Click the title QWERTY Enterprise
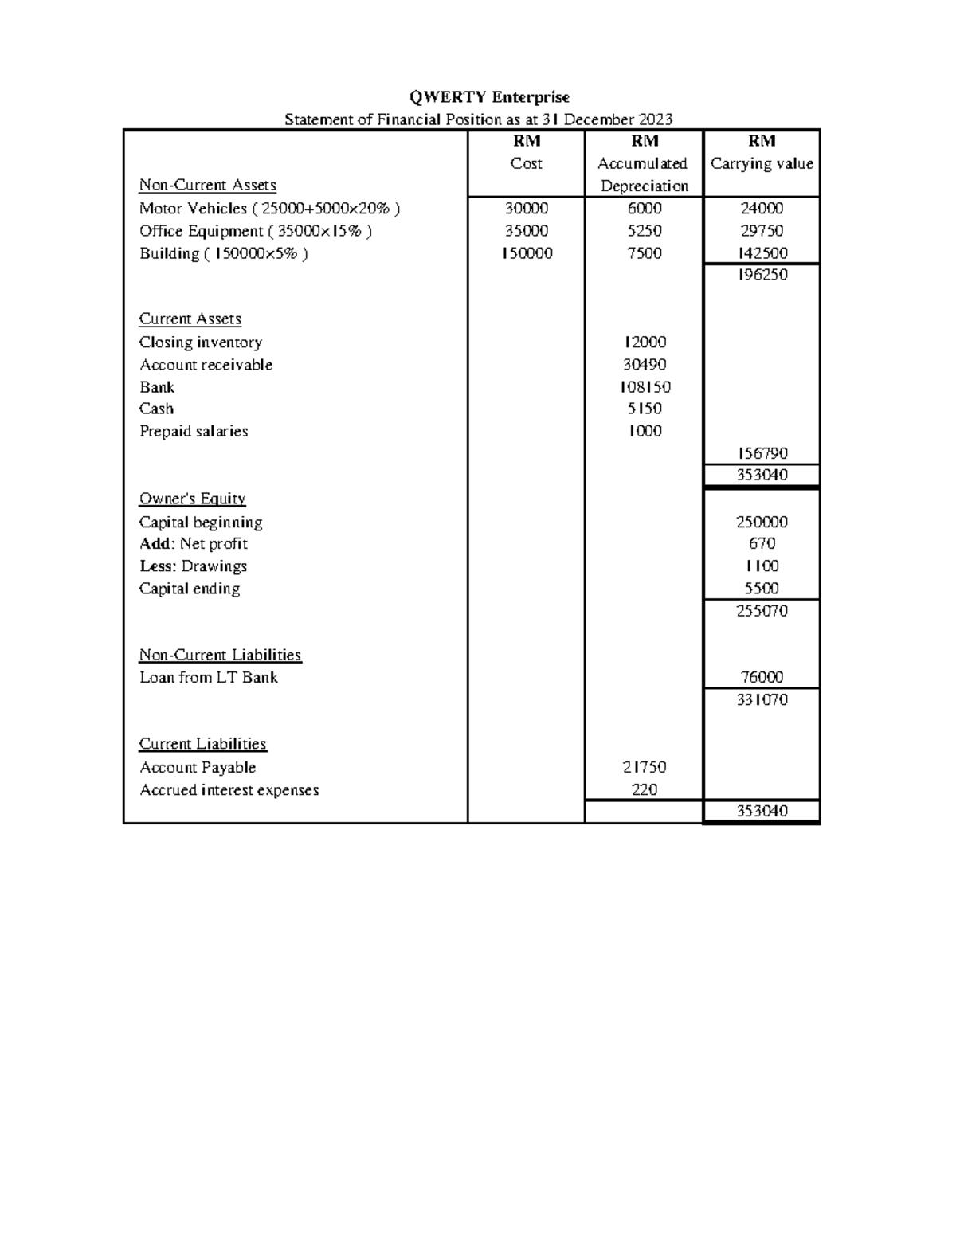pos(489,97)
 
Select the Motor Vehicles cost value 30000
pos(526,209)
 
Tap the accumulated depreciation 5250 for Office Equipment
pos(644,231)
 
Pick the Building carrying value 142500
pos(762,253)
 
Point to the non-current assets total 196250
pos(762,275)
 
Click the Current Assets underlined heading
pos(190,319)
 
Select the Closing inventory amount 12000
pos(644,343)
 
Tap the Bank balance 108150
pos(644,387)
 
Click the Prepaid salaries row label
pos(194,431)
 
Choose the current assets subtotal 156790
pos(762,453)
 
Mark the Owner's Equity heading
pos(192,499)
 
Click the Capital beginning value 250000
pos(762,523)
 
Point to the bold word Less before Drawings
pos(155,566)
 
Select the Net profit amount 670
pos(762,544)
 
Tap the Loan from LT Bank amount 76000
pos(762,677)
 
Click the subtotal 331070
pos(762,699)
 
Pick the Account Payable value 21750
pos(644,767)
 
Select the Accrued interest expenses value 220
pos(644,790)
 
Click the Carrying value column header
pos(762,163)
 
